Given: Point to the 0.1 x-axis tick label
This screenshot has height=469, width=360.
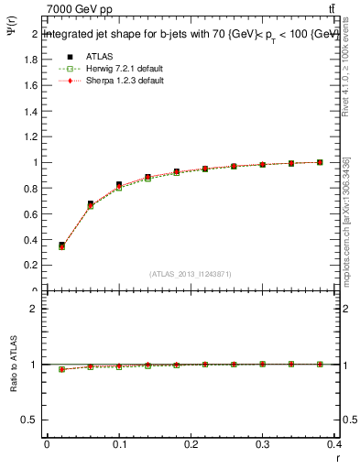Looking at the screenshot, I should point(119,443).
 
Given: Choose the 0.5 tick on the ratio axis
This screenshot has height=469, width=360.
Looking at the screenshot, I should point(29,420).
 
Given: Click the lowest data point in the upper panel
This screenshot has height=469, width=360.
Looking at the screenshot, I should point(61,245).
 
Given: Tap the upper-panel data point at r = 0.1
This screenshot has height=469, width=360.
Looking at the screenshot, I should point(119,185).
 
